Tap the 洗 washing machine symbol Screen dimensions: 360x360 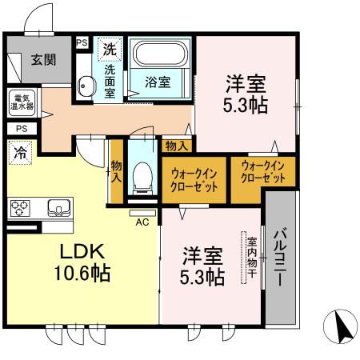pyautogui.click(x=108, y=49)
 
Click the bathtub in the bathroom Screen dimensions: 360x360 pyautogui.click(x=159, y=55)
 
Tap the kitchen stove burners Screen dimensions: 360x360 pyautogui.click(x=19, y=208)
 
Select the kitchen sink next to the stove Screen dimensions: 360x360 pyautogui.click(x=58, y=208)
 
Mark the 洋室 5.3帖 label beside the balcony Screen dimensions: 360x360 pyautogui.click(x=202, y=266)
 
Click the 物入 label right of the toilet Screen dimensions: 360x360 pyautogui.click(x=177, y=146)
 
